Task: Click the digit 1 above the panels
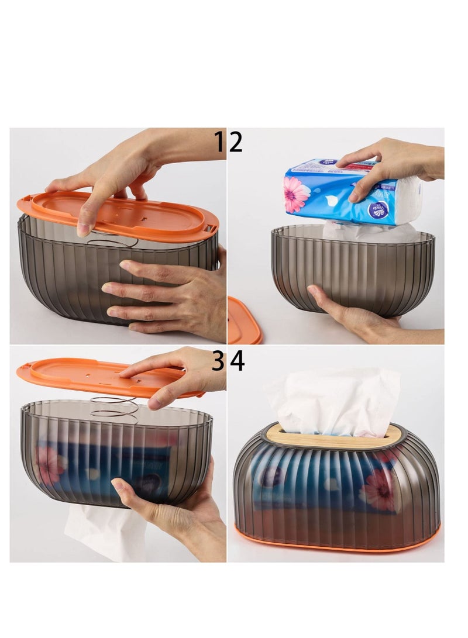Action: click(219, 142)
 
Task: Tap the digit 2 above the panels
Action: click(235, 142)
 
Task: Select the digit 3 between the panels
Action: click(218, 361)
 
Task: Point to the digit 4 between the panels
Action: click(237, 361)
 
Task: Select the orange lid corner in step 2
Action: click(243, 322)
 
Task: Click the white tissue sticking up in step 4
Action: click(333, 401)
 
